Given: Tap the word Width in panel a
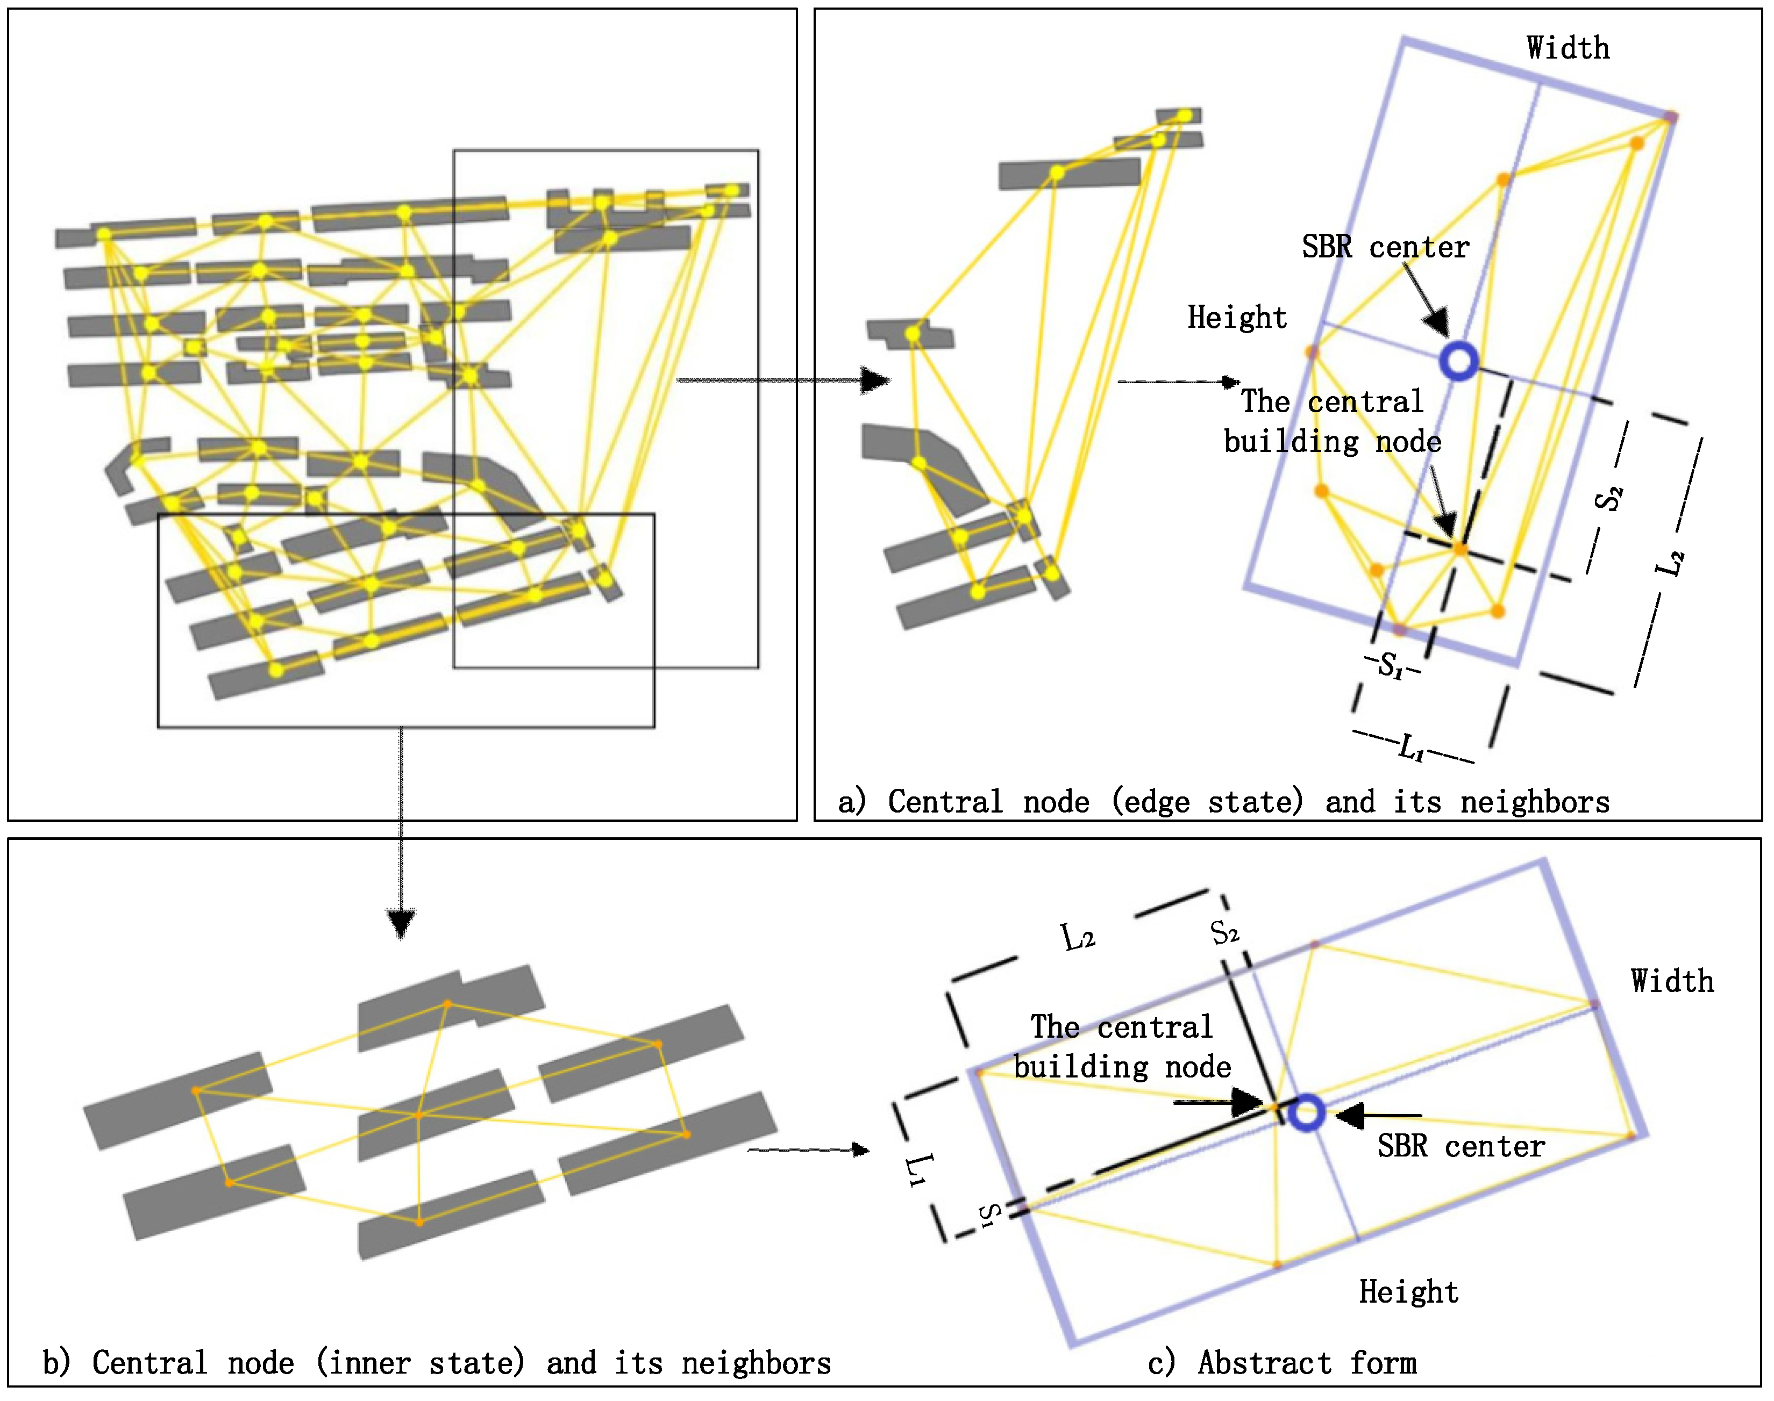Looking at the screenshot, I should point(1567,48).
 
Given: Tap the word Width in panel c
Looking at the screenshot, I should point(1671,982).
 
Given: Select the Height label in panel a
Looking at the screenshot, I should point(1237,318).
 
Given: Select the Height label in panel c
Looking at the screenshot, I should point(1408,1292).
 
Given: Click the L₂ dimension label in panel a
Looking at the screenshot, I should point(1670,563).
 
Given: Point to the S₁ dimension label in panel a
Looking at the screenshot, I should point(1390,664).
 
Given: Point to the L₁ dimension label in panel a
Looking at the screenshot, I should point(1412,748).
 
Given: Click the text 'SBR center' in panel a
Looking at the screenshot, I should point(1385,247).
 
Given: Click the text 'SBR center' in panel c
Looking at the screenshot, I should point(1460,1146).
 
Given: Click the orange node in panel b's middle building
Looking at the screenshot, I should point(418,1116).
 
